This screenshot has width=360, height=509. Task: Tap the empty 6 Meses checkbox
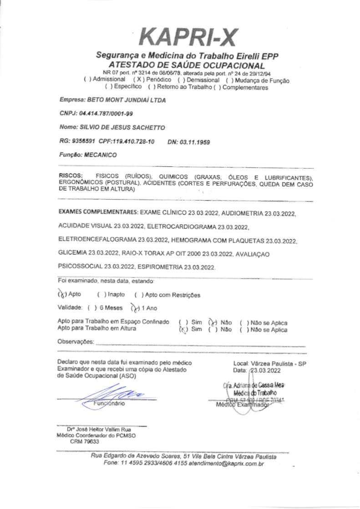coord(91,308)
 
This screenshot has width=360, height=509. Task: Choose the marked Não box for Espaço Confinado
coord(212,323)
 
